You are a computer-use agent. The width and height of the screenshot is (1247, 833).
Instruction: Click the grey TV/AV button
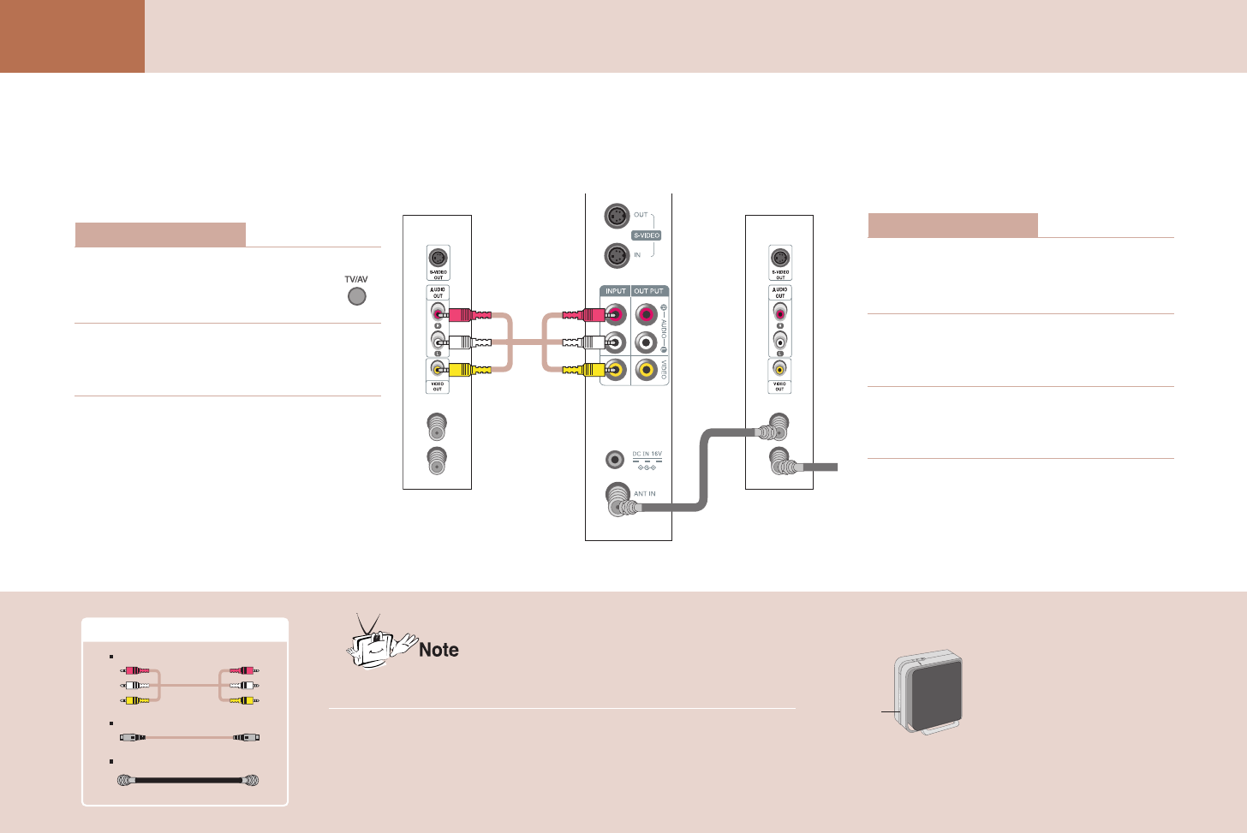tap(356, 296)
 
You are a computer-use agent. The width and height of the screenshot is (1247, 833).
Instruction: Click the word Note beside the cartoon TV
tap(439, 650)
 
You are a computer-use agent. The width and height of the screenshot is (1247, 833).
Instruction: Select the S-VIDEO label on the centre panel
tap(647, 235)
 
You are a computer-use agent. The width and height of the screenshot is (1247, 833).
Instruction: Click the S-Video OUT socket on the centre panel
tap(617, 216)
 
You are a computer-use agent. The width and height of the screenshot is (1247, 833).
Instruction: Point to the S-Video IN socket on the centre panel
tap(617, 255)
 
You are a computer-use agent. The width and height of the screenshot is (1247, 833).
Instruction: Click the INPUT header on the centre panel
tap(616, 291)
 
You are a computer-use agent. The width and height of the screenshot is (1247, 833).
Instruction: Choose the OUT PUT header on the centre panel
tap(648, 291)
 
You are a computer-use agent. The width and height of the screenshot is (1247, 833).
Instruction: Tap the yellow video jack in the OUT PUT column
tap(647, 370)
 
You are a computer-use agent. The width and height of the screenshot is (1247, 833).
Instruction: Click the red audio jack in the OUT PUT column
tap(647, 314)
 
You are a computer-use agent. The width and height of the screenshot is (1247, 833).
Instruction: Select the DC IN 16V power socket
tap(614, 460)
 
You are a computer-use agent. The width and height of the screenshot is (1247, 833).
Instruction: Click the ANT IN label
tap(645, 494)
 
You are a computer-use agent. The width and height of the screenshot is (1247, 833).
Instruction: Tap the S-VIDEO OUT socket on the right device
tap(779, 259)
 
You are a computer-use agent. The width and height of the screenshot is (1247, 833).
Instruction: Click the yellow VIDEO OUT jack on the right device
tap(779, 368)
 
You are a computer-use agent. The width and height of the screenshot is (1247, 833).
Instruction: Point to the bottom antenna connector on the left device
tap(437, 461)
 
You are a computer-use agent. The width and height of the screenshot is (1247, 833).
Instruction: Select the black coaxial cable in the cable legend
tap(188, 781)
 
